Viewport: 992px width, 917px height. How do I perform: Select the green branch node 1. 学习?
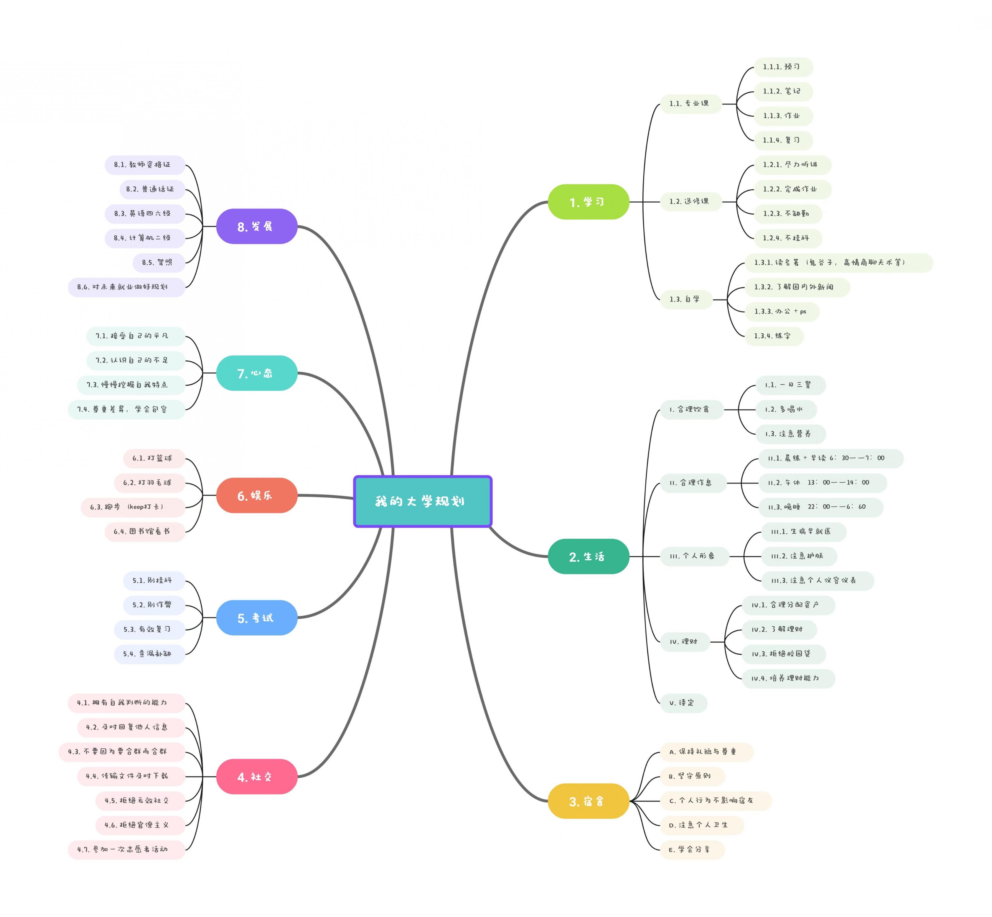pyautogui.click(x=588, y=202)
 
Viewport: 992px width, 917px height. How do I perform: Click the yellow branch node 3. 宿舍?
pyautogui.click(x=588, y=801)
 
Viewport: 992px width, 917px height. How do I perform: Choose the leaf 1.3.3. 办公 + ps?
pyautogui.click(x=782, y=312)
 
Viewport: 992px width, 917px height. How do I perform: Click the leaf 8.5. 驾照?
pyautogui.click(x=158, y=262)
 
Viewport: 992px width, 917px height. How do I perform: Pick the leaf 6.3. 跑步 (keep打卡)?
pyautogui.click(x=133, y=507)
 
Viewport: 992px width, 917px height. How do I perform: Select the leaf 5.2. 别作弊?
pyautogui.click(x=154, y=605)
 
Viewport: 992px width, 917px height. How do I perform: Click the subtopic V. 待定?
pyautogui.click(x=683, y=703)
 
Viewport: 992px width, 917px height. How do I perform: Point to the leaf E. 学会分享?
pyautogui.click(x=692, y=850)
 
